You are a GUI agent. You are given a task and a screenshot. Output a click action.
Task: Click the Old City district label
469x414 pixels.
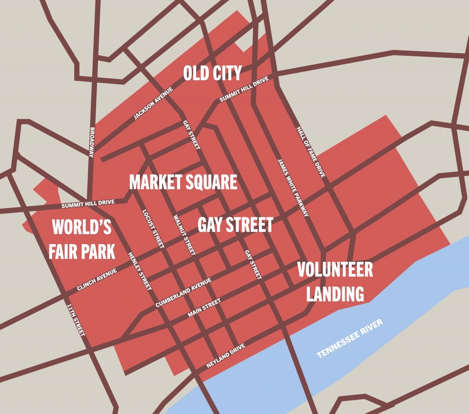[212, 73]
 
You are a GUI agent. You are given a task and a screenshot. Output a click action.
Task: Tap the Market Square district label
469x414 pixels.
[183, 182]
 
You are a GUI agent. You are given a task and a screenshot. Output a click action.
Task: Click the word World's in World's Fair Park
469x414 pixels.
[82, 227]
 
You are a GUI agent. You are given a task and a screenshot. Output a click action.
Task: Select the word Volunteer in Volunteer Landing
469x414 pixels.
[335, 270]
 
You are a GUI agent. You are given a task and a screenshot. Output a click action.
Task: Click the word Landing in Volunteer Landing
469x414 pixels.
[335, 294]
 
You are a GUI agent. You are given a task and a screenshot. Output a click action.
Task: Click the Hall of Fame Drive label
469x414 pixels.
[311, 152]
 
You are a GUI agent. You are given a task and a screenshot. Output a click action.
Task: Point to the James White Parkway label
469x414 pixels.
[293, 187]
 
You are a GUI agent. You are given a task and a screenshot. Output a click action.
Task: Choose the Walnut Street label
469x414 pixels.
[184, 235]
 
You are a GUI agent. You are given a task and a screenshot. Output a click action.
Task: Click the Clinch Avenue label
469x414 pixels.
[97, 280]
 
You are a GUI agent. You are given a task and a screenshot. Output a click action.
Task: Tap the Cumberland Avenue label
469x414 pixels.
[183, 292]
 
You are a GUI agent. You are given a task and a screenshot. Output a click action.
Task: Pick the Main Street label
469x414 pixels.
[204, 308]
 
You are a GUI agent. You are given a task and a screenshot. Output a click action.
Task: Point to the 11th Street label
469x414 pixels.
[76, 320]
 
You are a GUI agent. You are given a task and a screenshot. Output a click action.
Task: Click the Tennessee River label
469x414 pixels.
[350, 339]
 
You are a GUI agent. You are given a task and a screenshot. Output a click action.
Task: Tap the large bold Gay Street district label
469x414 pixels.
[235, 225]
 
